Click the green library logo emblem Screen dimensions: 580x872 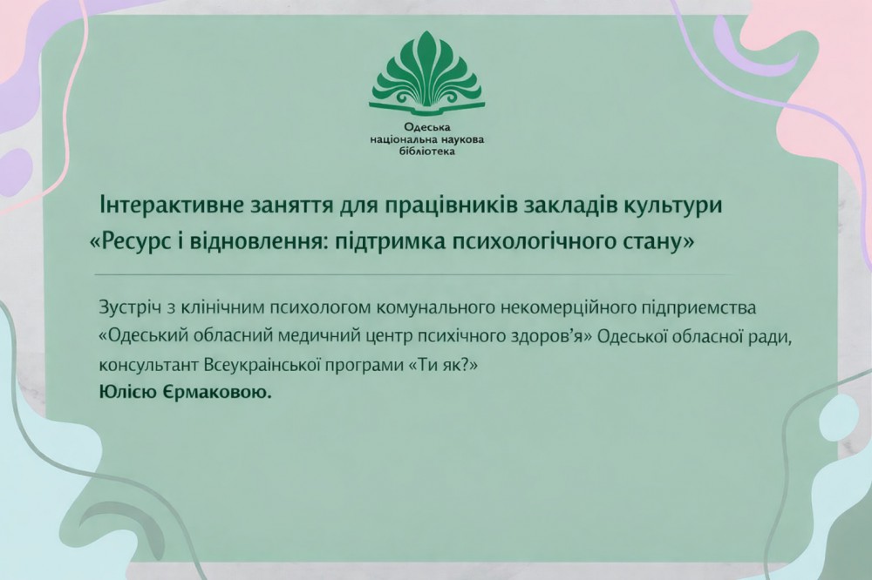pyautogui.click(x=425, y=74)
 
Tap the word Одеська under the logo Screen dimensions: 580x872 pyautogui.click(x=425, y=127)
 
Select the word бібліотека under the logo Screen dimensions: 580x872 pyautogui.click(x=425, y=151)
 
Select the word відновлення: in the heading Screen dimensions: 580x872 pyautogui.click(x=268, y=240)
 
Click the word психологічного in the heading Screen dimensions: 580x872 pyautogui.click(x=513, y=240)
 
